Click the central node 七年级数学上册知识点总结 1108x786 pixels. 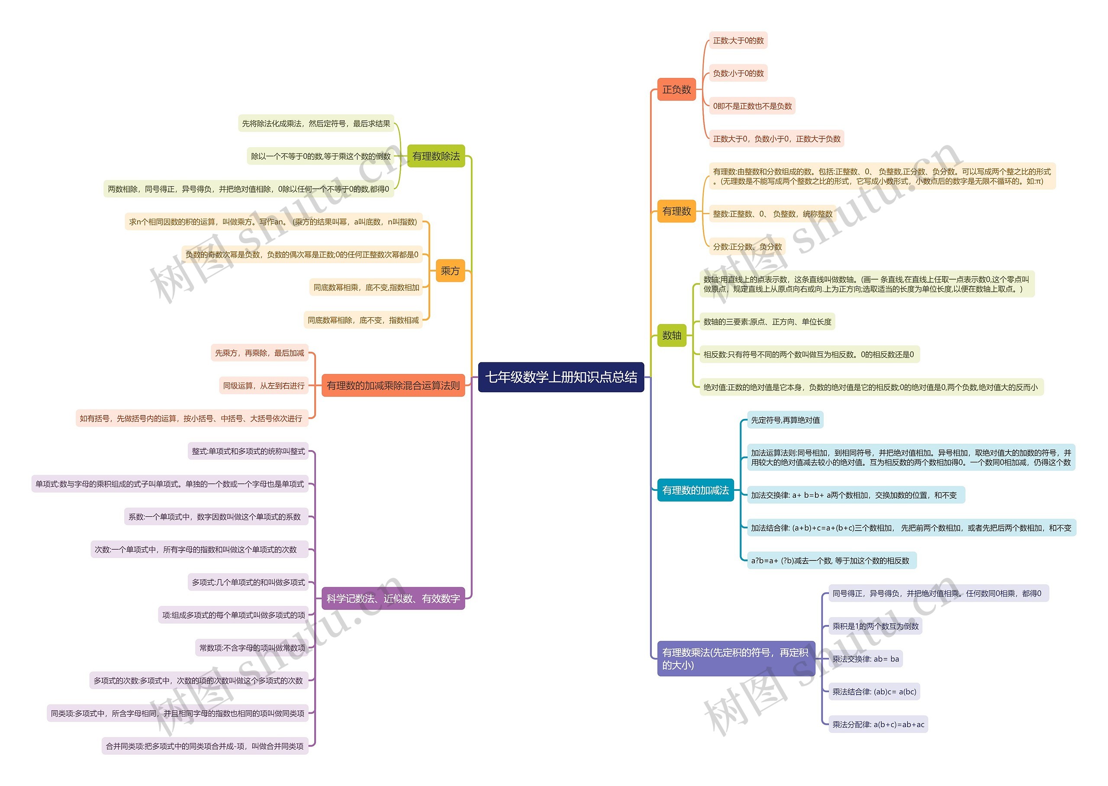click(561, 377)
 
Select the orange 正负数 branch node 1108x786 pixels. click(676, 90)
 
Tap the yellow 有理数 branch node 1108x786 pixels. click(676, 211)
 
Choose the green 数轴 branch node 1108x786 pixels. click(672, 335)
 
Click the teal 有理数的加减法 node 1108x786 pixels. click(695, 490)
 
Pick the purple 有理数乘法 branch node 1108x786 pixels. click(735, 659)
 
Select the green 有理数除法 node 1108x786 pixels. click(436, 156)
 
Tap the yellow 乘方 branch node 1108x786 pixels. click(450, 271)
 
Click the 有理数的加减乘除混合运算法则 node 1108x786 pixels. click(393, 386)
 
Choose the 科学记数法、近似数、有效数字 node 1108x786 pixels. click(393, 599)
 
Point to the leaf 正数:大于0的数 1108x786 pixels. click(738, 41)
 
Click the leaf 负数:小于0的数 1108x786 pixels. click(738, 74)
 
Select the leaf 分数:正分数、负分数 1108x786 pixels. click(747, 247)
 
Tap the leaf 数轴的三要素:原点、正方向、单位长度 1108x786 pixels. click(767, 322)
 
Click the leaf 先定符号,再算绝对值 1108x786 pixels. click(785, 420)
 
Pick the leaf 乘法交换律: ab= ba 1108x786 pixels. click(866, 659)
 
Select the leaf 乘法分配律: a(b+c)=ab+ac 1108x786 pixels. click(878, 725)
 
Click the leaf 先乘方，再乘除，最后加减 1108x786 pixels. click(260, 353)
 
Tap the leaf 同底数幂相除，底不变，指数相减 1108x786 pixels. click(364, 320)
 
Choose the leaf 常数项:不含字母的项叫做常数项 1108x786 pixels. click(252, 648)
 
